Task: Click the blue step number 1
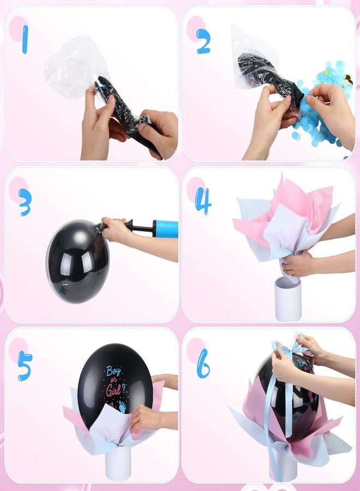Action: click(25, 39)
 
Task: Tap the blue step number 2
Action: click(203, 41)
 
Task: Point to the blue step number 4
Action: click(203, 201)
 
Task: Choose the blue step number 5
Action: click(25, 366)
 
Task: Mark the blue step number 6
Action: click(203, 363)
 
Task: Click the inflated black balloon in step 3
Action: click(77, 261)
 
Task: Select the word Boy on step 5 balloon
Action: click(113, 372)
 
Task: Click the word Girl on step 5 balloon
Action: click(113, 390)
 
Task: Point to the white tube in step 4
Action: click(287, 299)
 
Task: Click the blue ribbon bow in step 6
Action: click(290, 348)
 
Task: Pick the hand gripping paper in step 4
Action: click(297, 264)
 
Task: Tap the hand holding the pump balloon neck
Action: click(115, 230)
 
